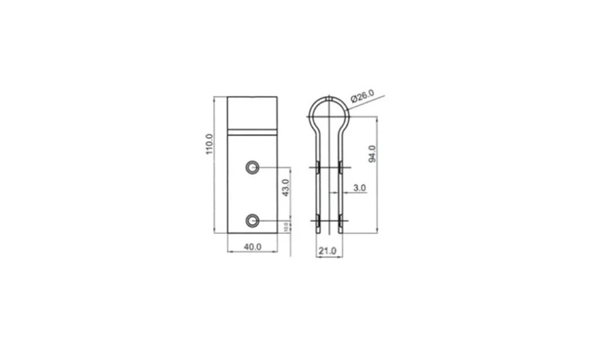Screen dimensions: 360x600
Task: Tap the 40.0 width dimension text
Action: point(252,245)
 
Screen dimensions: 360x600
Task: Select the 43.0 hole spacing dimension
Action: point(286,188)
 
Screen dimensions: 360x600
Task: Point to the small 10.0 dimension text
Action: point(286,226)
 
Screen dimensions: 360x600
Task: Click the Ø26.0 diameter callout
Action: point(362,95)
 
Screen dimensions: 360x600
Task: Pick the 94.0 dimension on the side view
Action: point(372,154)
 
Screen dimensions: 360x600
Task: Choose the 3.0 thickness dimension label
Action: point(359,188)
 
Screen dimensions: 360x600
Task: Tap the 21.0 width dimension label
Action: point(328,250)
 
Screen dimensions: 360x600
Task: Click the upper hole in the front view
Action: point(253,167)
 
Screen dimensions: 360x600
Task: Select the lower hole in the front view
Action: point(253,221)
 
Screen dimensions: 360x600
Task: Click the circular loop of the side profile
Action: point(329,112)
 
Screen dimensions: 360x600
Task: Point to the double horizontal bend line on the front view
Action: point(252,131)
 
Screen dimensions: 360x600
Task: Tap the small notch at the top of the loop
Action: point(329,96)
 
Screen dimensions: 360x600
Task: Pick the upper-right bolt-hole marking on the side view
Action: point(340,167)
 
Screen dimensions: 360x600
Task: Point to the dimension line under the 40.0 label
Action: point(252,252)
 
